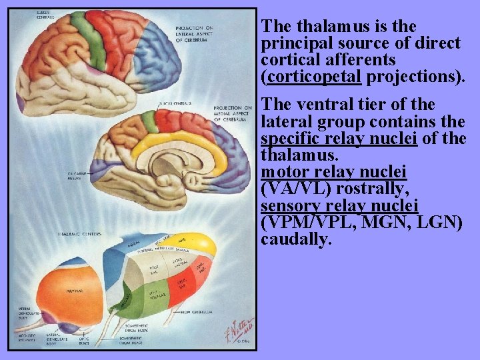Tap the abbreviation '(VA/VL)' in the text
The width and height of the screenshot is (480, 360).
click(301, 189)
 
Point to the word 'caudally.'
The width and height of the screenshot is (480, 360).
click(296, 239)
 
